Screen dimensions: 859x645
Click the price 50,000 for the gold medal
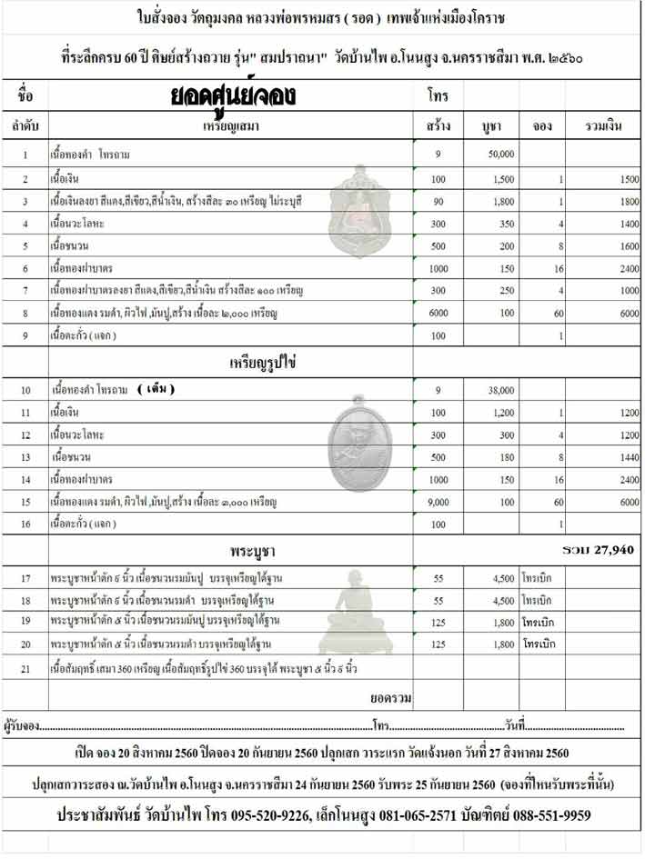tap(501, 155)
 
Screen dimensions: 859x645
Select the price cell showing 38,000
tap(501, 390)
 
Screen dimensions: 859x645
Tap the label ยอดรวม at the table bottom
tap(391, 697)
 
